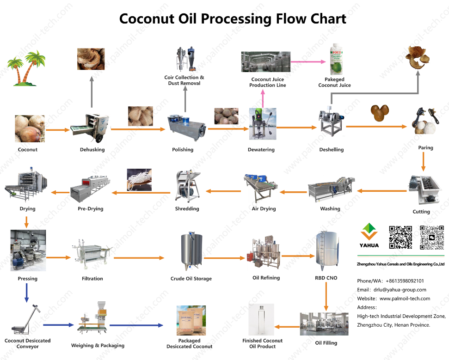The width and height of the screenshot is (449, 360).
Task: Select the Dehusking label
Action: (x=92, y=150)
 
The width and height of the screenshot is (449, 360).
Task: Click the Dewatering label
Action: (x=261, y=150)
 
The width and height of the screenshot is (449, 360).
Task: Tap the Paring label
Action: (x=425, y=148)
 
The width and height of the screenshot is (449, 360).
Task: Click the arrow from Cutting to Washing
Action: (x=381, y=190)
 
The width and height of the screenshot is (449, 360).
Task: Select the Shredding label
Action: (x=187, y=209)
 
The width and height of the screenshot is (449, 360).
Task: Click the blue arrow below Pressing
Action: (x=26, y=292)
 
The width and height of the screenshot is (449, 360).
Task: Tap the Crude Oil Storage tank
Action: (x=191, y=252)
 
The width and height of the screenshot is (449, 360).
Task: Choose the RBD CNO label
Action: (x=326, y=278)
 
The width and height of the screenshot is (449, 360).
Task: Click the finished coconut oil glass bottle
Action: (x=262, y=320)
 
